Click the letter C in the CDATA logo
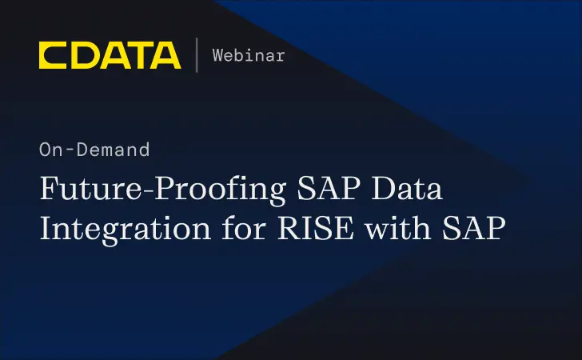[x=53, y=54]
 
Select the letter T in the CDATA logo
[x=136, y=54]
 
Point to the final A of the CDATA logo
[x=165, y=54]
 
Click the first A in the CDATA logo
[x=110, y=54]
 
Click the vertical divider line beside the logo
[x=196, y=54]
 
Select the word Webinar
[x=248, y=55]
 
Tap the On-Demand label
[x=94, y=150]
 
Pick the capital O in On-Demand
[x=45, y=150]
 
